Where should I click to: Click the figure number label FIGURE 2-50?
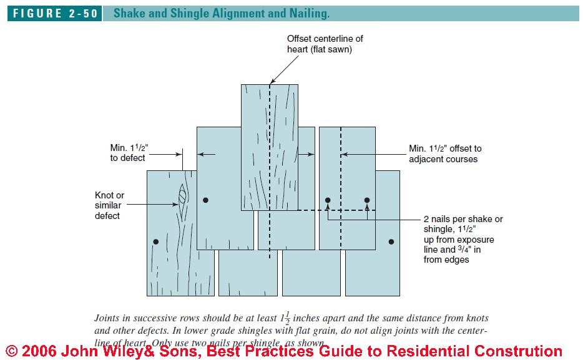tap(54, 14)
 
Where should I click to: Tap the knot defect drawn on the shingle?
tap(182, 195)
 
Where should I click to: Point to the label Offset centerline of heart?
tap(325, 44)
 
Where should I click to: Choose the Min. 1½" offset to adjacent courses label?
tap(445, 153)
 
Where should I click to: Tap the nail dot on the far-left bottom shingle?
tap(156, 241)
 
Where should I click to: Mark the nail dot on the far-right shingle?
tap(391, 241)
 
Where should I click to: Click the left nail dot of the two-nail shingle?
tap(328, 200)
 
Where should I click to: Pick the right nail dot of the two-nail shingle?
tap(367, 200)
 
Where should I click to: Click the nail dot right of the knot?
tap(205, 200)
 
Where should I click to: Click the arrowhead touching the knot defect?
tap(176, 203)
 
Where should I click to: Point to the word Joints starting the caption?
tap(107, 318)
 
